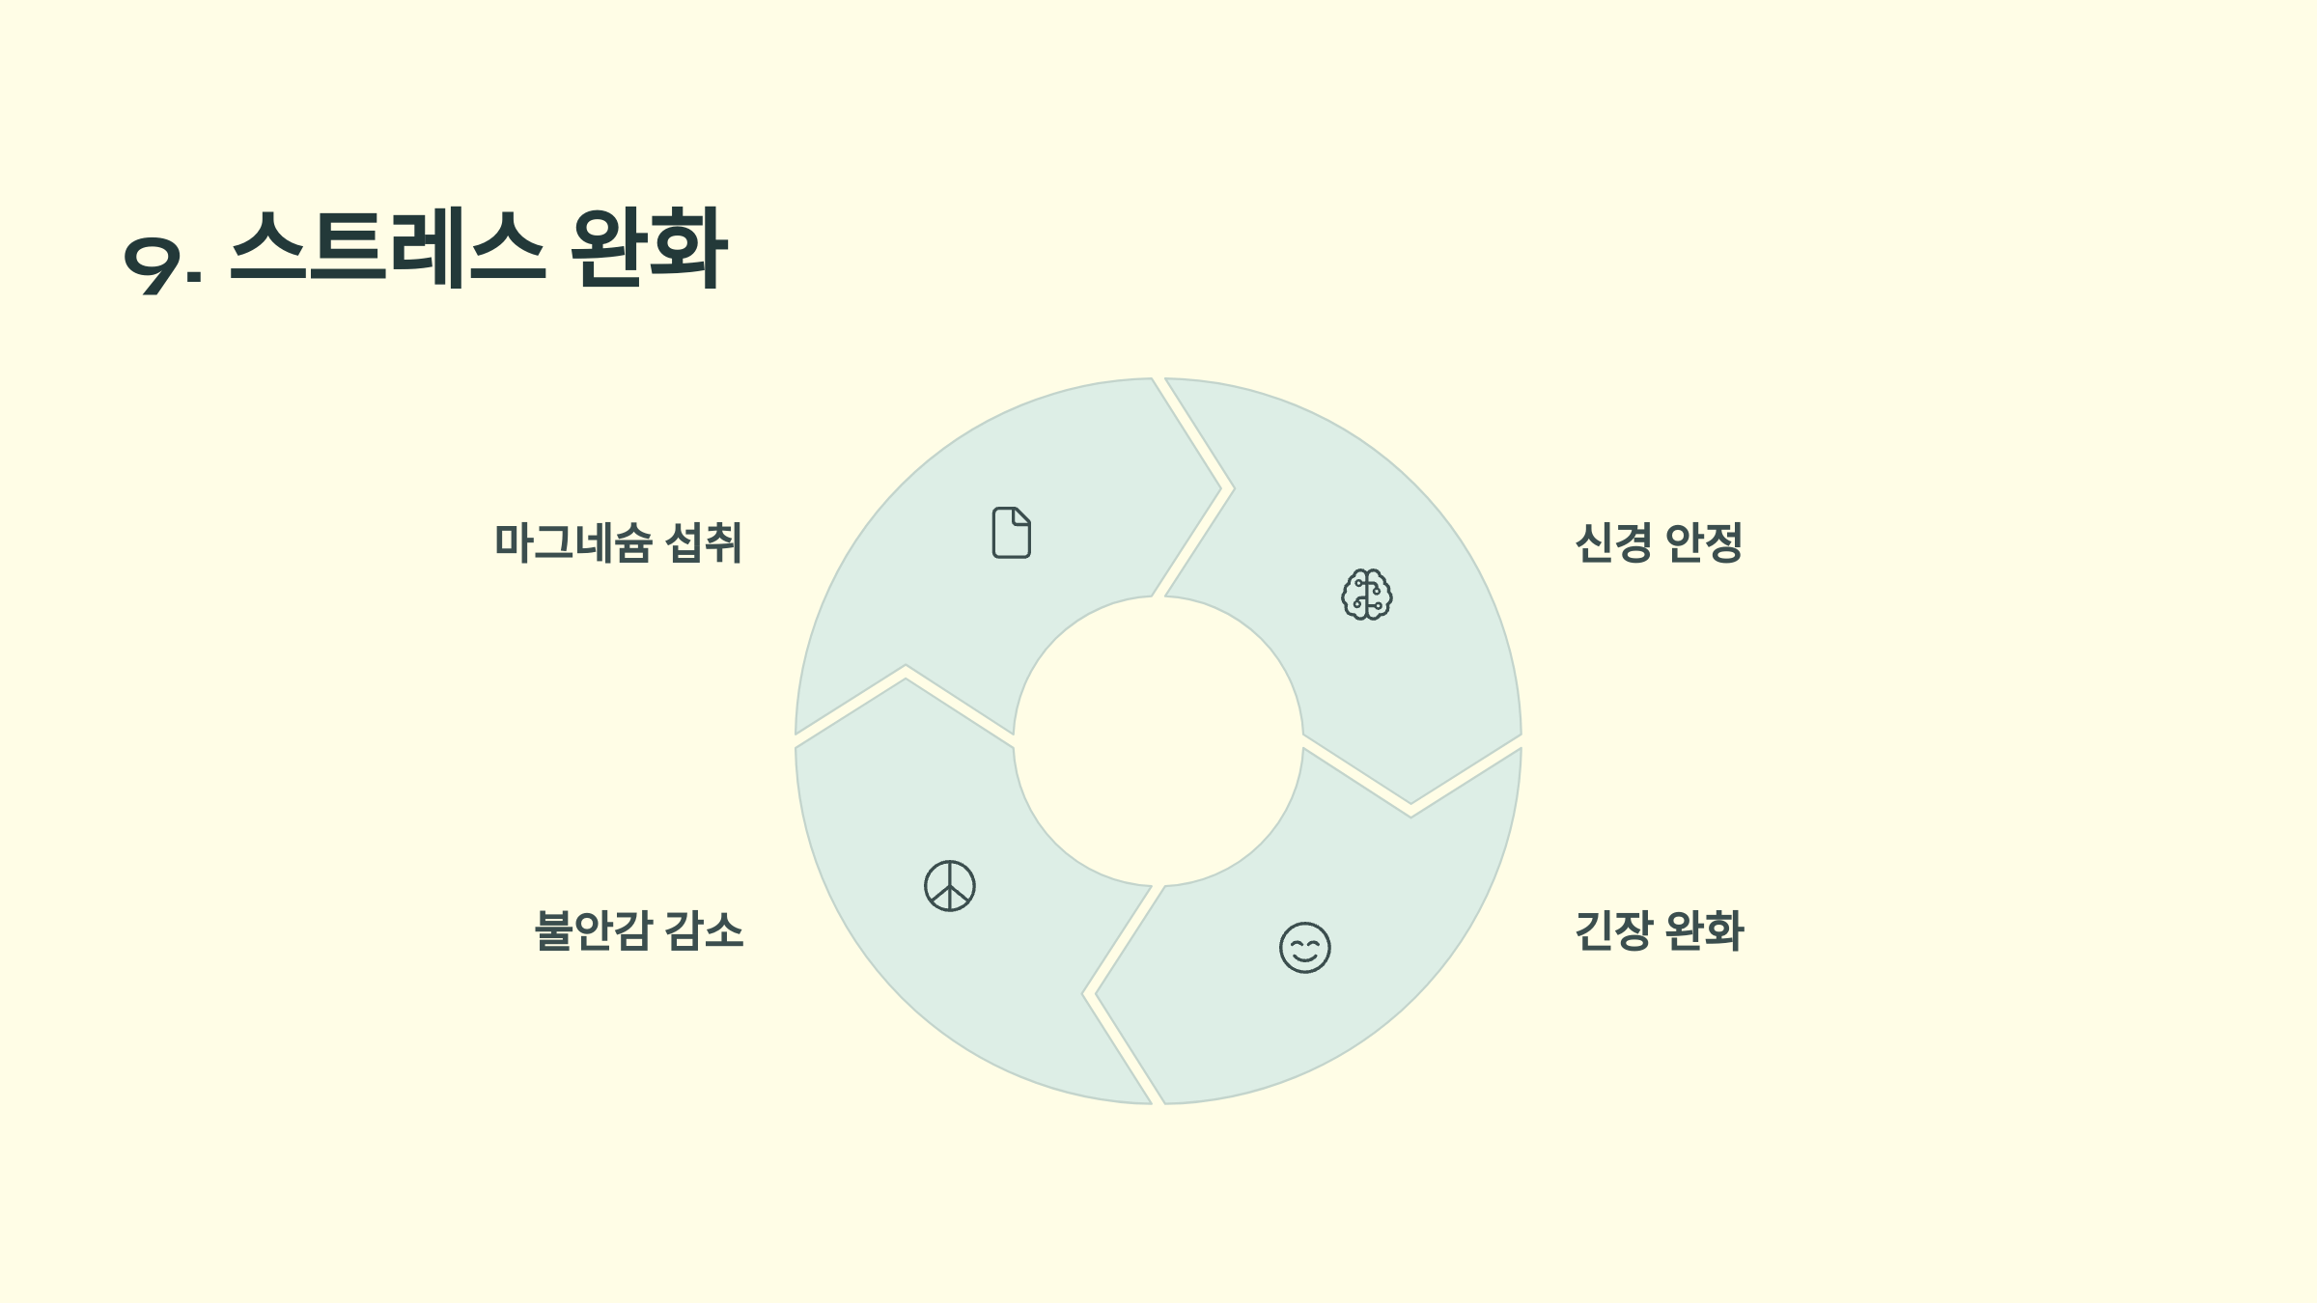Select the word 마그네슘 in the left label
[x=573, y=542]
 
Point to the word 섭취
[x=704, y=542]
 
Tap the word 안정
[x=1704, y=542]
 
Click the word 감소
[x=705, y=930]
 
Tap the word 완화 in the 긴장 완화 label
[x=1705, y=930]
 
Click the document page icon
[x=1011, y=533]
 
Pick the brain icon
[x=1367, y=595]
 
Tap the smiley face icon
[x=1304, y=947]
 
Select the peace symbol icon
[x=950, y=886]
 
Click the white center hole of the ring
[x=1158, y=741]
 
